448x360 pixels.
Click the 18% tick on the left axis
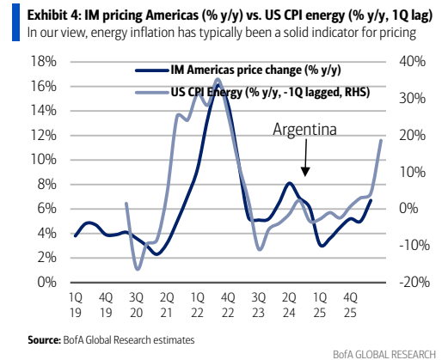[44, 62]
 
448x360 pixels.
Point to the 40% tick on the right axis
[413, 62]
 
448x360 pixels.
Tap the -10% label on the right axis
[414, 246]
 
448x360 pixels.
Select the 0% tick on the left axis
[47, 283]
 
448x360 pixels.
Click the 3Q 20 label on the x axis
[136, 305]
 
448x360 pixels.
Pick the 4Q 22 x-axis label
[228, 305]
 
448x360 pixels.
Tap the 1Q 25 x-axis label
[320, 305]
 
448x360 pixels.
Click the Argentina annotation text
[304, 130]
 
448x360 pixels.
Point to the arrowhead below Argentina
[305, 172]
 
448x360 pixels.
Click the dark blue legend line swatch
[152, 70]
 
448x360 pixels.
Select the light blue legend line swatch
[152, 92]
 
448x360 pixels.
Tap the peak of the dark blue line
[218, 85]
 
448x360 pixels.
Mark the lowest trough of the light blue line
[138, 269]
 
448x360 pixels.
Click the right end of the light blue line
[381, 140]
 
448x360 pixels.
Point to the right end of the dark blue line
[371, 200]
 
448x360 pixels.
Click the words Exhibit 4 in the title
[54, 15]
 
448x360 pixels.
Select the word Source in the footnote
[44, 340]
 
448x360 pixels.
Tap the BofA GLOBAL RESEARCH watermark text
[384, 354]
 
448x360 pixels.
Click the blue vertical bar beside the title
[15, 22]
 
